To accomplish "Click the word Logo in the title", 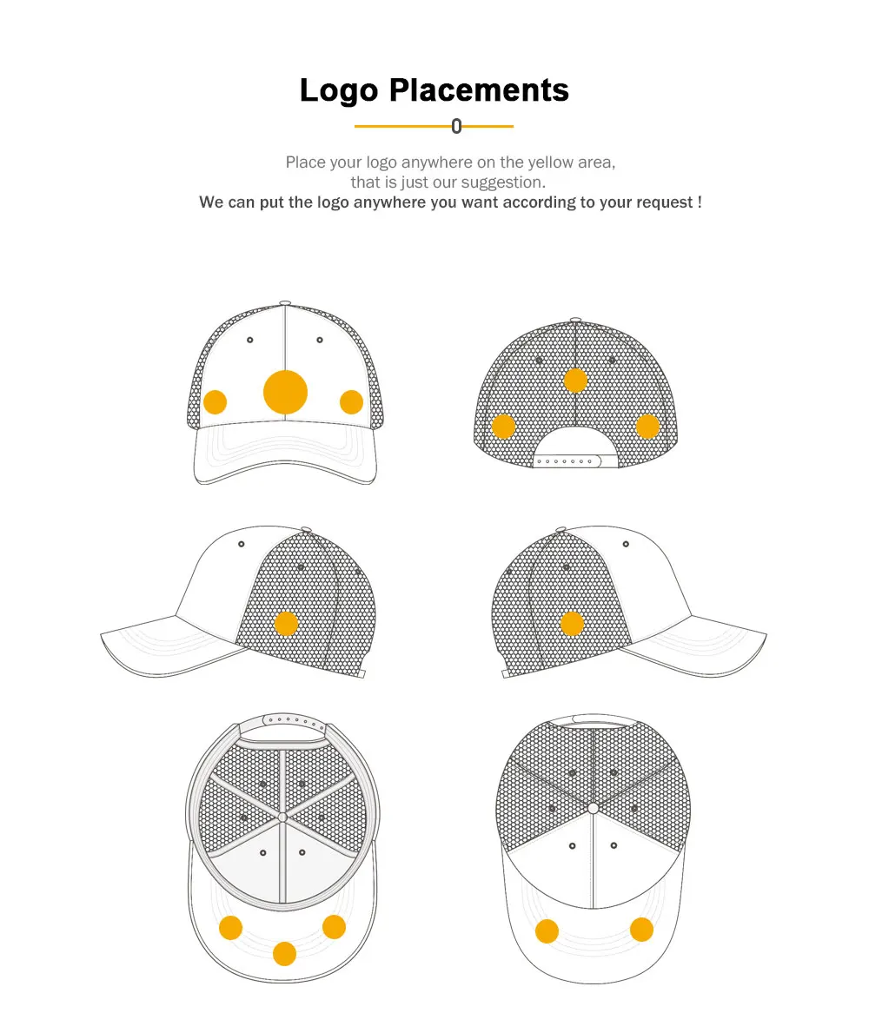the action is tap(339, 91).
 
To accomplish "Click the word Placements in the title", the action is tap(479, 90).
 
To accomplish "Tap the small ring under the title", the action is tap(457, 127).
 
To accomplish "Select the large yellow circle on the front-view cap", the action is tap(285, 392).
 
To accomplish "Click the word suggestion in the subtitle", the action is tap(502, 182).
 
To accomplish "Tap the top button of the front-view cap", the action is tap(285, 302).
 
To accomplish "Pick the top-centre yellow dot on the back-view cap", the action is tap(575, 380).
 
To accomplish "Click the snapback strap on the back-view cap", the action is tap(574, 461).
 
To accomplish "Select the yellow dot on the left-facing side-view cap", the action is tap(286, 624).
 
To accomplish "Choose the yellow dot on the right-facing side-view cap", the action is tap(572, 623).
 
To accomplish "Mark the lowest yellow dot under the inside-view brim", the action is tap(284, 954).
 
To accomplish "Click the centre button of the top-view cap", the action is tap(594, 808).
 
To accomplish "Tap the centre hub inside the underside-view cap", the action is tap(282, 817).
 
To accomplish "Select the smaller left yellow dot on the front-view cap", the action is tap(215, 402).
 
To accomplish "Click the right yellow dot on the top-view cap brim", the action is tap(641, 930).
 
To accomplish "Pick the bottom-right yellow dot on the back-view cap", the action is tap(647, 426).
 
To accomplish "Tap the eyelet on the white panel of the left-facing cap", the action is tap(242, 545).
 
